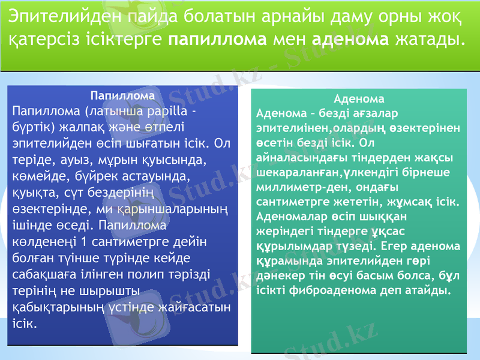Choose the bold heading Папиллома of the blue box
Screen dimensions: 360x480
coord(122,95)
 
